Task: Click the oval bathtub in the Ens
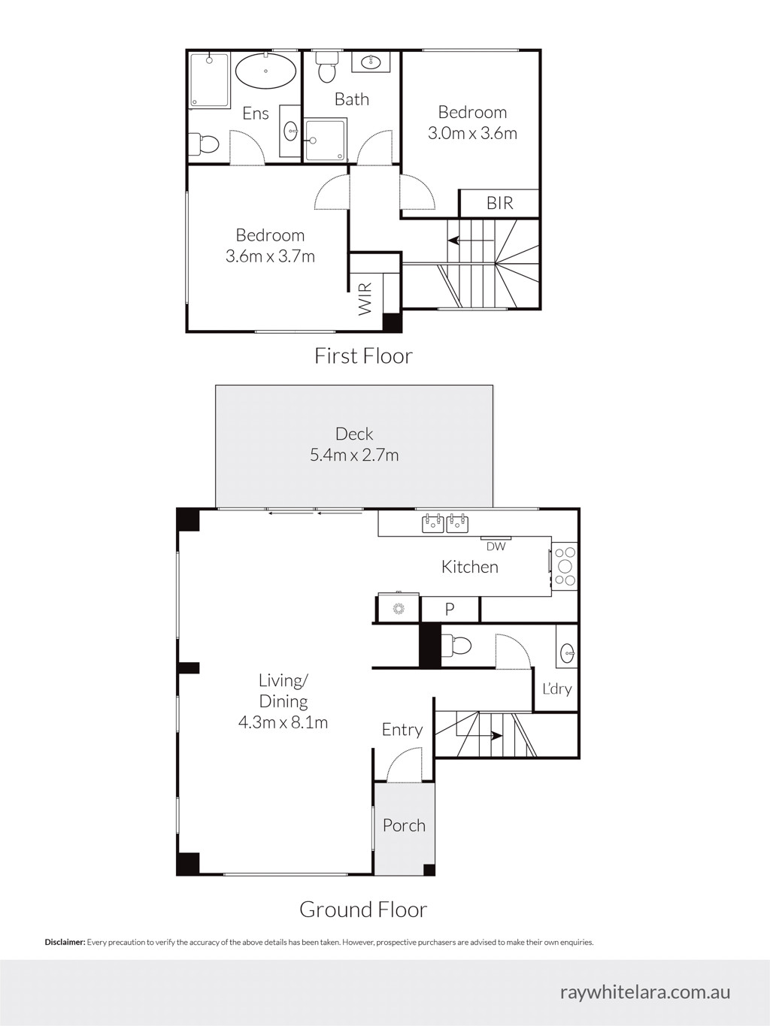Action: coord(265,71)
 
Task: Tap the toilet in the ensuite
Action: coord(204,143)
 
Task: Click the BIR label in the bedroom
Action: coord(500,204)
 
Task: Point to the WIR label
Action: coord(365,298)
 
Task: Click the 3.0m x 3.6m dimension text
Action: coord(473,134)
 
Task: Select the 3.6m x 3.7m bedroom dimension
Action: coord(270,256)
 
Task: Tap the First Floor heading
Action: coord(363,356)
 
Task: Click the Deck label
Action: coord(354,434)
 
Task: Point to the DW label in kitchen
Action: coord(496,546)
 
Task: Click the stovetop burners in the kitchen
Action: coord(565,567)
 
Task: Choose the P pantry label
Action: coord(450,609)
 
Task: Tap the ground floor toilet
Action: coord(456,646)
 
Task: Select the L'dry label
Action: coord(557,689)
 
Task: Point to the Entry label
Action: coord(402,730)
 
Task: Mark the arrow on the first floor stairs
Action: coord(471,241)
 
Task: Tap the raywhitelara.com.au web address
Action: coord(645,991)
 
